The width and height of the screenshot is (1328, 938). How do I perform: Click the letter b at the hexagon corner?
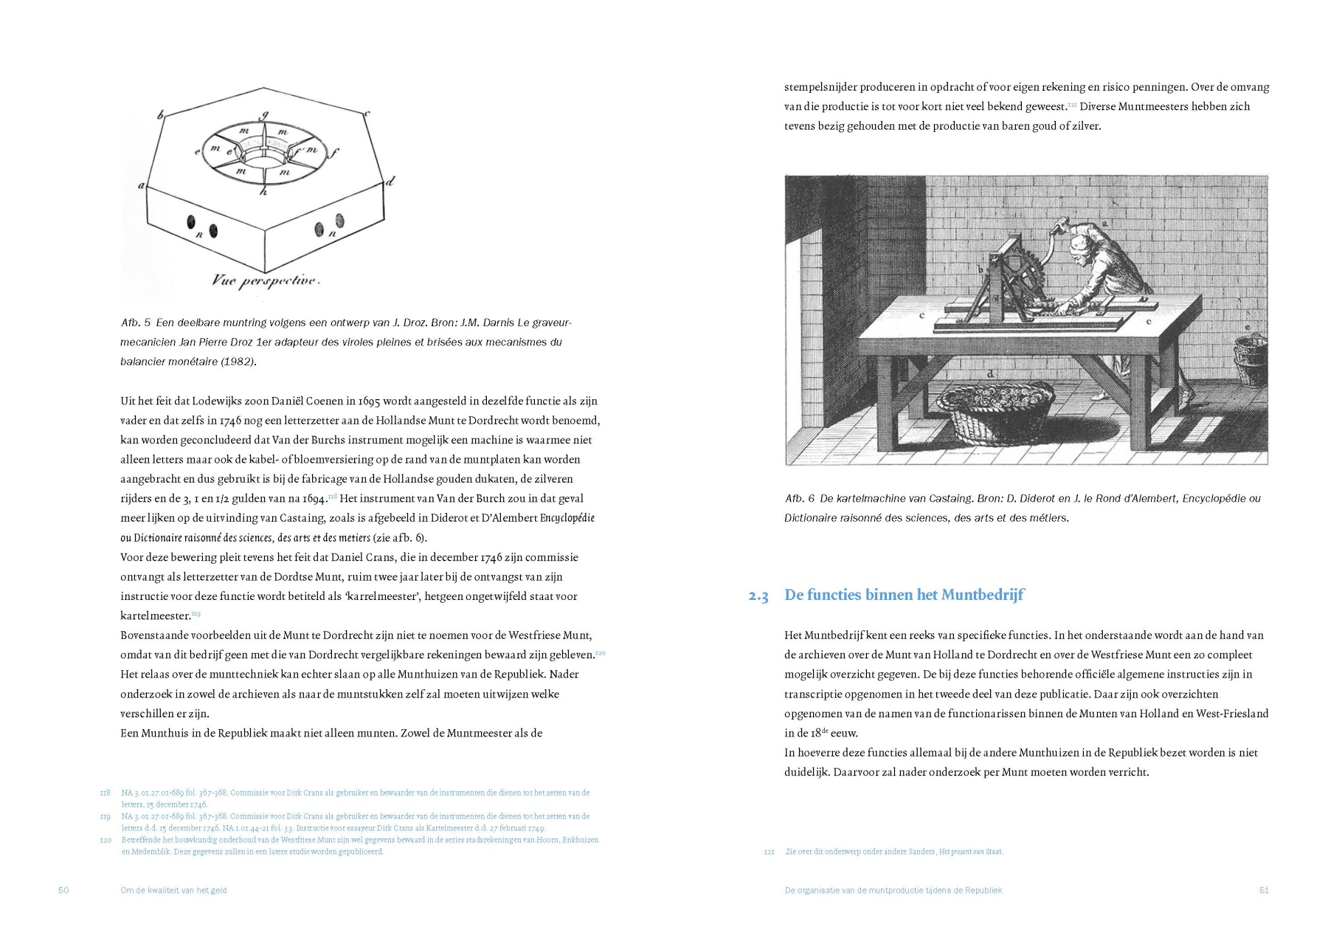tap(160, 114)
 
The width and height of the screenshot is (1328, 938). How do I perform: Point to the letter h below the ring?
tap(263, 192)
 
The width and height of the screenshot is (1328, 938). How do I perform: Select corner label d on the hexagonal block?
tap(390, 180)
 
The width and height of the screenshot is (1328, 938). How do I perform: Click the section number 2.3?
tap(758, 596)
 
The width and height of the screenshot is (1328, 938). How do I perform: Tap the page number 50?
tap(63, 890)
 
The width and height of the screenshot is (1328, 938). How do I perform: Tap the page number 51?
tap(1263, 890)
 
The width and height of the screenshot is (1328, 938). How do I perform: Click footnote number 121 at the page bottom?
tap(769, 852)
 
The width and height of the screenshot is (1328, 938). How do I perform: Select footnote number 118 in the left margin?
tap(105, 793)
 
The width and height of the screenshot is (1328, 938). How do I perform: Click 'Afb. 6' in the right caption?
tap(799, 499)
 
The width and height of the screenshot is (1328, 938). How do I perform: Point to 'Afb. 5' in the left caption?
tap(136, 323)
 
